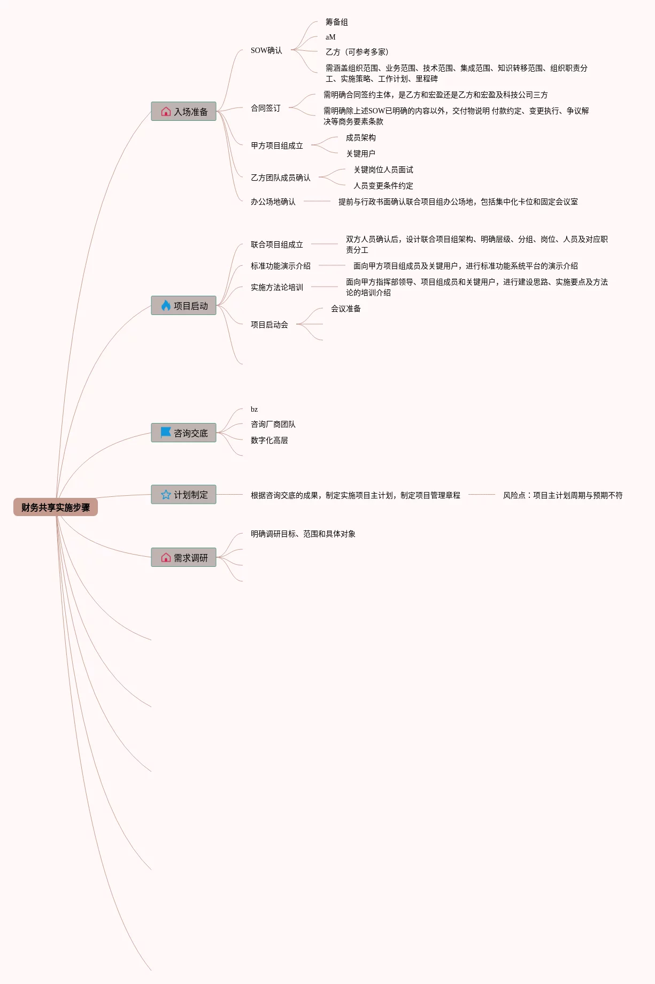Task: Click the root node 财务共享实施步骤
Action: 56,507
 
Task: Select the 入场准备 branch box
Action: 183,111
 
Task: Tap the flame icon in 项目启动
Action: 166,305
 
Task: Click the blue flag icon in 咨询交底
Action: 166,432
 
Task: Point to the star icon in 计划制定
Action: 166,495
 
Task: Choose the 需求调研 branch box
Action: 183,557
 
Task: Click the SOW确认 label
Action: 266,50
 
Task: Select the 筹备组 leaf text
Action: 336,22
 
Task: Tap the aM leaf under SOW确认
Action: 330,37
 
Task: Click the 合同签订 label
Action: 265,108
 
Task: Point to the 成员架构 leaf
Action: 360,137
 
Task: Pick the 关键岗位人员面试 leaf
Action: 383,170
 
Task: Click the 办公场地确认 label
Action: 273,202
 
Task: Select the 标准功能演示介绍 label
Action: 280,266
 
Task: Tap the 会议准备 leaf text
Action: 345,309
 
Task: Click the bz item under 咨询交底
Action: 254,409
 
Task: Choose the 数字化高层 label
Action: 269,440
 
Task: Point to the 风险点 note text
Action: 562,495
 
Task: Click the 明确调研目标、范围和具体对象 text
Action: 303,534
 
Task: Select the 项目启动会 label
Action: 269,325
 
